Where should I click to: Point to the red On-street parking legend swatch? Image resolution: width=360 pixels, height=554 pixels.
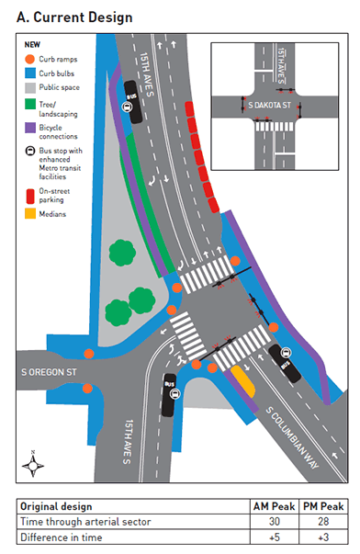point(30,194)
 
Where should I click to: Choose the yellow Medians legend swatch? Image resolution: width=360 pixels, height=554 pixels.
point(30,215)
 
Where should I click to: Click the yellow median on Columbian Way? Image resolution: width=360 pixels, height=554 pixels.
point(242,378)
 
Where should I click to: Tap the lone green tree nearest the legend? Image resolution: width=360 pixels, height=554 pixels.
point(120,251)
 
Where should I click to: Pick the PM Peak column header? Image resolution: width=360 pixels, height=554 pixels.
point(323,506)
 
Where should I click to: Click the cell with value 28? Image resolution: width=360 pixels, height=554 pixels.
point(323,521)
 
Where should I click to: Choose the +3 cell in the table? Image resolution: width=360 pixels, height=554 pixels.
point(323,537)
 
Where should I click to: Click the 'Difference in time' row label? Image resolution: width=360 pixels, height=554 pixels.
point(61,537)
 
